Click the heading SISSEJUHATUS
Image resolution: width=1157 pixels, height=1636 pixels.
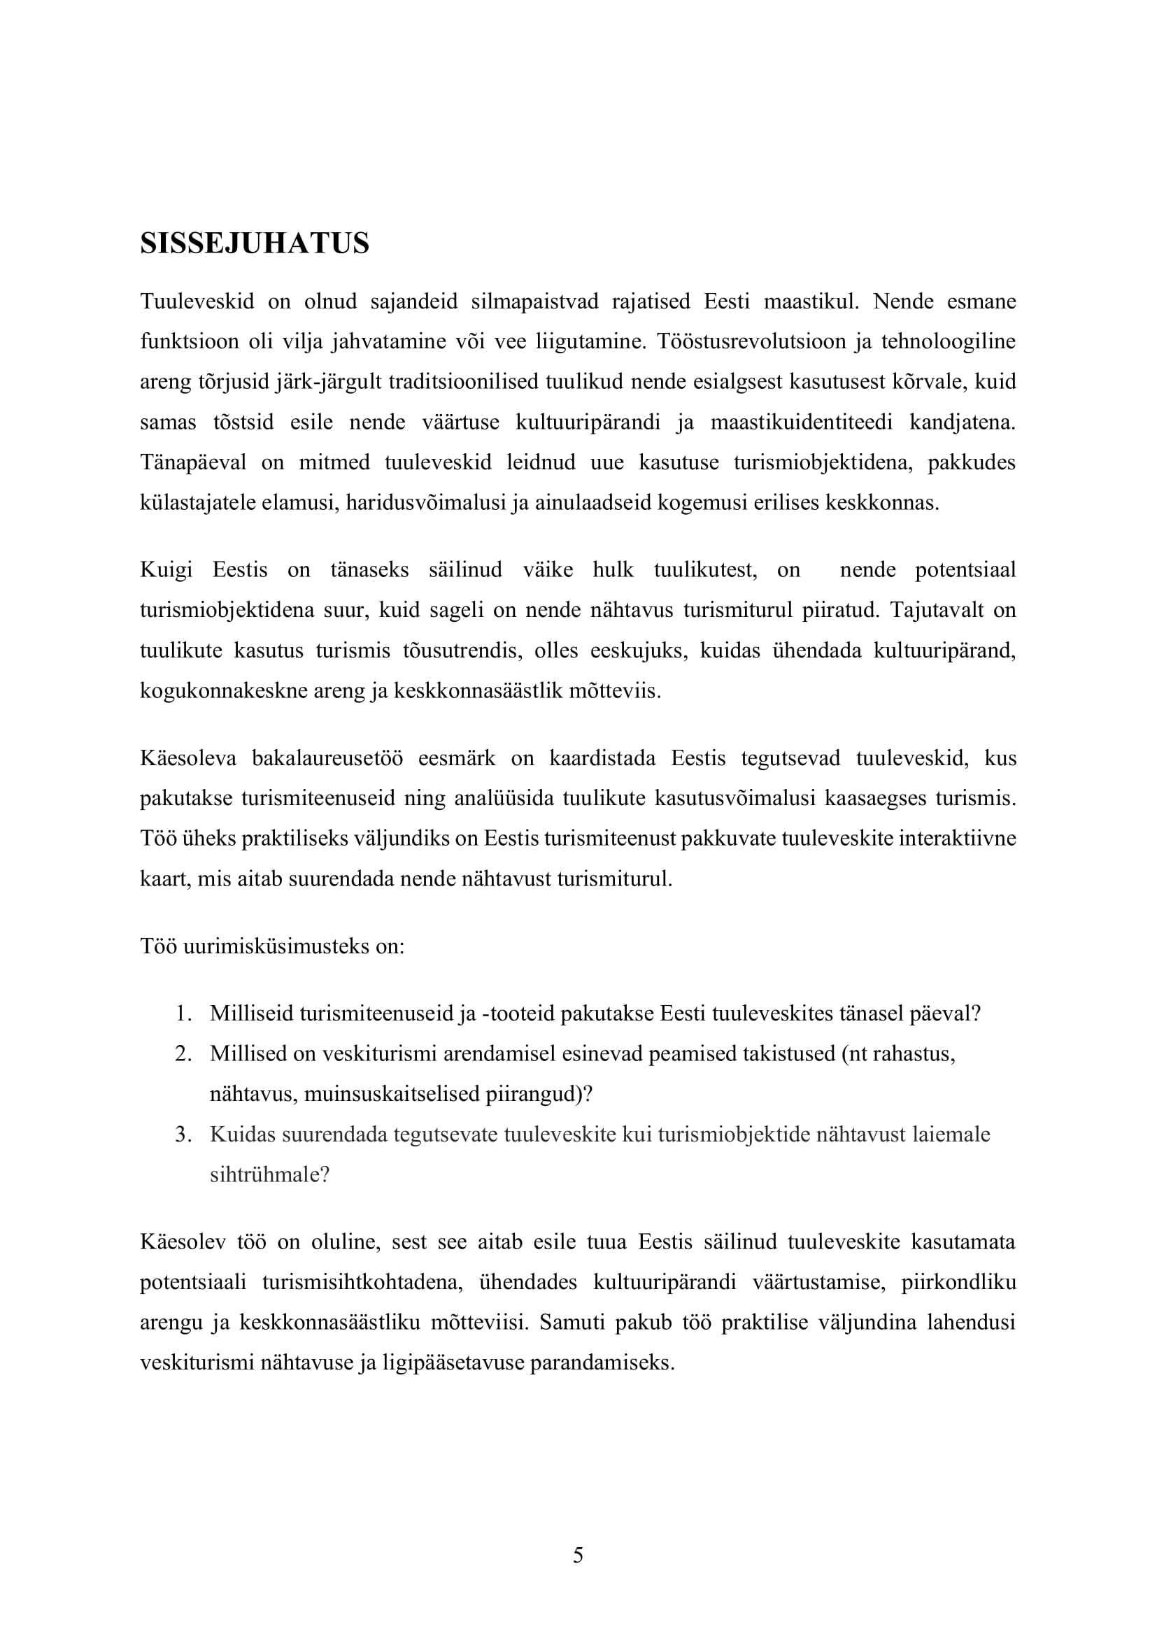coord(255,243)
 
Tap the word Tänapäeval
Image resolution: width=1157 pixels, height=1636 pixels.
coord(193,463)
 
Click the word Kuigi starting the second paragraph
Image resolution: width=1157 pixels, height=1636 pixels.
coord(166,570)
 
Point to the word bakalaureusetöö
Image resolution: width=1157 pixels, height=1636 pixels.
coord(327,758)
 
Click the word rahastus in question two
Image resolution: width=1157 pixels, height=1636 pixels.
coord(914,1054)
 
